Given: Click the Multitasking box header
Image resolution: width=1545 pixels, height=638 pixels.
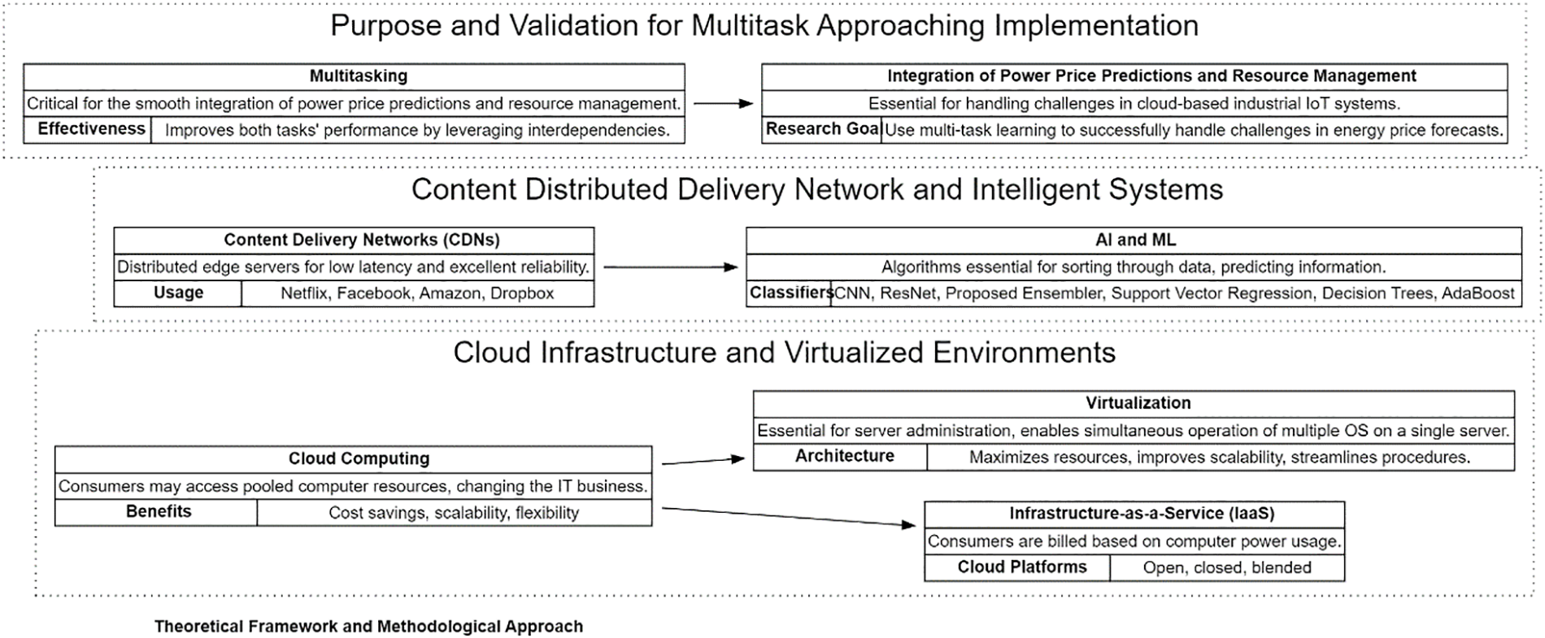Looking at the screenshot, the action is click(x=354, y=76).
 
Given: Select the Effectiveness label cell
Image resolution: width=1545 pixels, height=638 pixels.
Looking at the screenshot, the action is click(x=88, y=130).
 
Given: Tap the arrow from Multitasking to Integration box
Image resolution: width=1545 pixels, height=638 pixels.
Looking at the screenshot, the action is click(x=723, y=103).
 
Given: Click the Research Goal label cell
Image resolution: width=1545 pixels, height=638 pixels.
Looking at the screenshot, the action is click(x=822, y=130).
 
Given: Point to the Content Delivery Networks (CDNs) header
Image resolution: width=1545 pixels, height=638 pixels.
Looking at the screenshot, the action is click(x=354, y=241).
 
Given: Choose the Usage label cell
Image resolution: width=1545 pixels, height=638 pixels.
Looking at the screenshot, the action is click(x=178, y=293).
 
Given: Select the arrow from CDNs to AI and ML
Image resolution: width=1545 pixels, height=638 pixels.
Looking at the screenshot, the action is click(x=670, y=267).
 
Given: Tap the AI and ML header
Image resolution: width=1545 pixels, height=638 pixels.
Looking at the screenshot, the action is click(x=1134, y=241).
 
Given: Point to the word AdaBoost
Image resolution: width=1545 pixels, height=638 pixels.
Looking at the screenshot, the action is click(x=1478, y=293).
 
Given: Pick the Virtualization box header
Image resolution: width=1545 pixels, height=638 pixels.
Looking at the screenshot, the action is click(x=1134, y=404).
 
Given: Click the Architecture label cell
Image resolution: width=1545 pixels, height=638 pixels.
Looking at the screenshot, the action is click(x=841, y=457).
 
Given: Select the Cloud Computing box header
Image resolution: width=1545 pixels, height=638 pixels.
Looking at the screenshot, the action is click(x=354, y=459).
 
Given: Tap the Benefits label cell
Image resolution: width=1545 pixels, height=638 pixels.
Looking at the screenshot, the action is click(x=156, y=513).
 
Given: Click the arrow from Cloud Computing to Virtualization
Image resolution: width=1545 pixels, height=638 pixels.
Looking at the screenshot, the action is click(x=703, y=461).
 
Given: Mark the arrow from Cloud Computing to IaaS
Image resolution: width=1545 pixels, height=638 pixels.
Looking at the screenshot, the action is click(x=789, y=517).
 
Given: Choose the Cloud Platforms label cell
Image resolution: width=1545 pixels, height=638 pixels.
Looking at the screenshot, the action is click(x=1017, y=567).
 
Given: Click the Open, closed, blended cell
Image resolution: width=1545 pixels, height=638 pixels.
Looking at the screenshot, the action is click(x=1227, y=567).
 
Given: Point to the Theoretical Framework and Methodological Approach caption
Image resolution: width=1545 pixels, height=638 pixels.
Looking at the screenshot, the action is click(x=368, y=627).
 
